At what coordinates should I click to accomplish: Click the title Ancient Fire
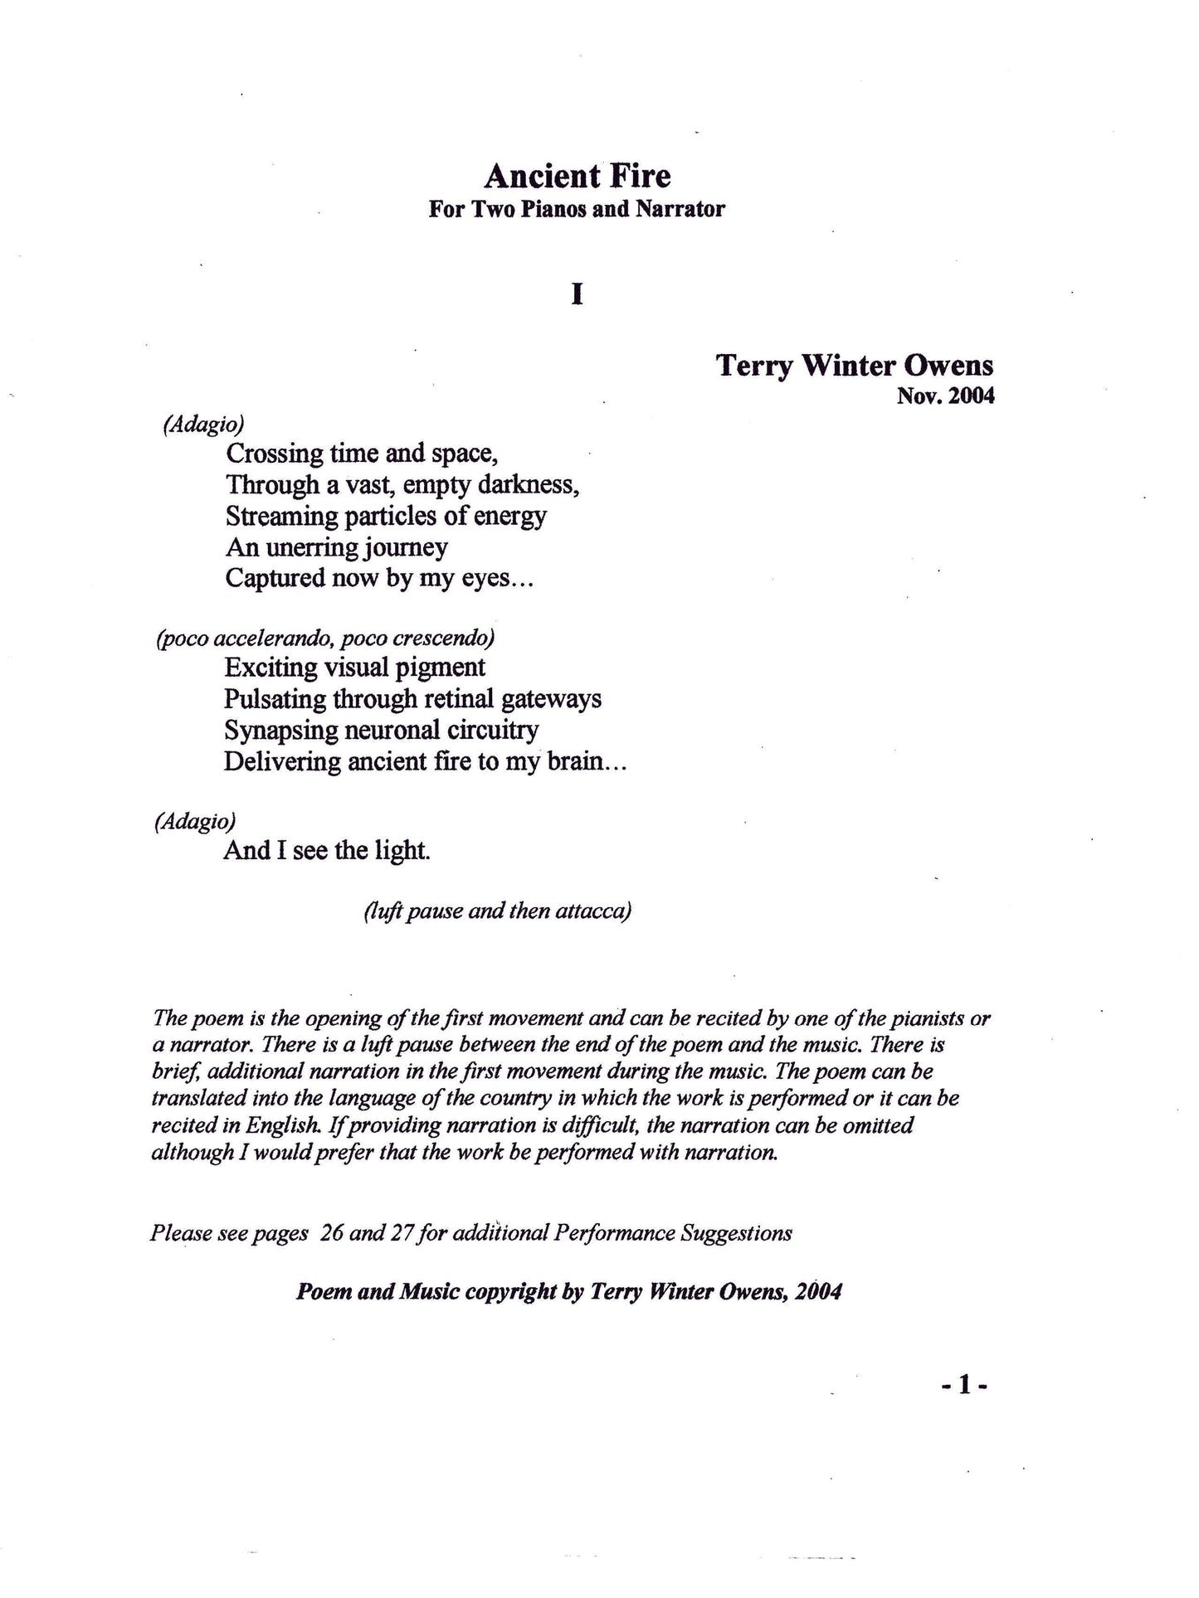(x=577, y=176)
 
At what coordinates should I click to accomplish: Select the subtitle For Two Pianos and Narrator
(x=577, y=209)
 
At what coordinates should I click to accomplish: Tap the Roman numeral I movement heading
(x=577, y=295)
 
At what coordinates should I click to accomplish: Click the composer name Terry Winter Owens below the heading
(x=855, y=366)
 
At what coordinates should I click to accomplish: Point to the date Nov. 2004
(x=945, y=396)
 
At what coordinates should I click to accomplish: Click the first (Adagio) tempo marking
(x=203, y=425)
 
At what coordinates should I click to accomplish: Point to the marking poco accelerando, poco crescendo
(x=326, y=639)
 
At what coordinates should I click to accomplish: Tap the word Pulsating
(x=275, y=699)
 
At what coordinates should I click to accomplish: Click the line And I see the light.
(x=327, y=851)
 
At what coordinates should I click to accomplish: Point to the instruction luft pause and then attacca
(x=498, y=911)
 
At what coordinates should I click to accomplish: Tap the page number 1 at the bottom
(x=963, y=1385)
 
